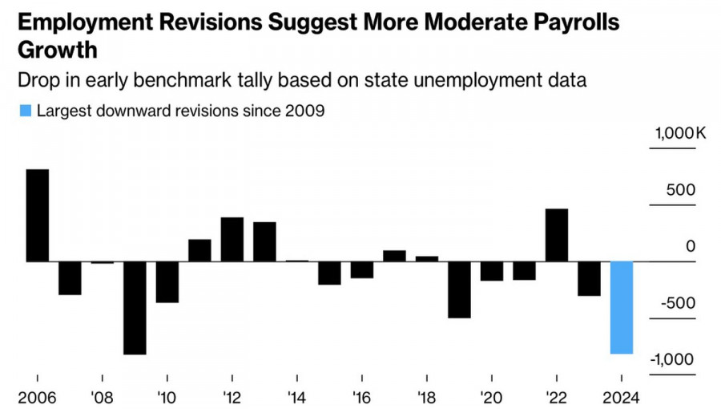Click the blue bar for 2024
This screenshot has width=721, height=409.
pyautogui.click(x=622, y=307)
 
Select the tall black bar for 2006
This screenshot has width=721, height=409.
pyautogui.click(x=38, y=215)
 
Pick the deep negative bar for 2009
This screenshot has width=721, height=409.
pyautogui.click(x=135, y=307)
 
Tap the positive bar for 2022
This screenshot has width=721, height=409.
pyautogui.click(x=557, y=235)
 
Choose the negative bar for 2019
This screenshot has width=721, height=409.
pyautogui.click(x=459, y=290)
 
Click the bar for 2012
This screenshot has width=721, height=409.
pyautogui.click(x=232, y=239)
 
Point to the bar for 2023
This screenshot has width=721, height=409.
pyautogui.click(x=589, y=278)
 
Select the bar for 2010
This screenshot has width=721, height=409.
pyautogui.click(x=167, y=281)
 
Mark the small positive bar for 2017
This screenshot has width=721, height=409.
pyautogui.click(x=394, y=256)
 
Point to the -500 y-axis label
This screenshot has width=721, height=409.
pyautogui.click(x=678, y=303)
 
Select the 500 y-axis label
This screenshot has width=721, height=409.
pyautogui.click(x=683, y=191)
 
